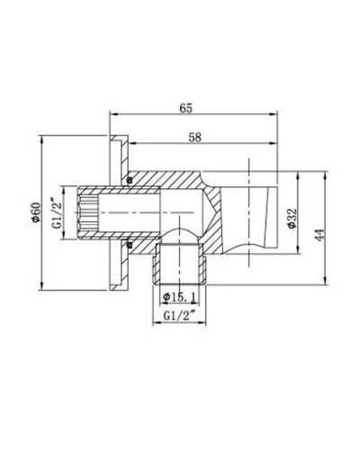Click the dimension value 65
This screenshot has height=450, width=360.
186,107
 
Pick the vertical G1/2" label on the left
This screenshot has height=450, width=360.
57,216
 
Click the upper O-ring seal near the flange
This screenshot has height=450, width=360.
130,183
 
